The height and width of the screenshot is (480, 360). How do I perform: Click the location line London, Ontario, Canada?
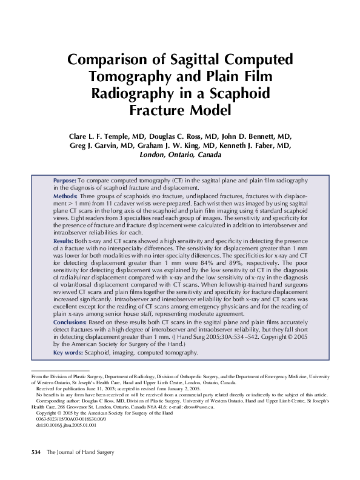(180, 156)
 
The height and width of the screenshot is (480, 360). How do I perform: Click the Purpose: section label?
(65, 181)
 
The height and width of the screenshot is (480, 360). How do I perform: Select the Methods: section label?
(65, 197)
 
